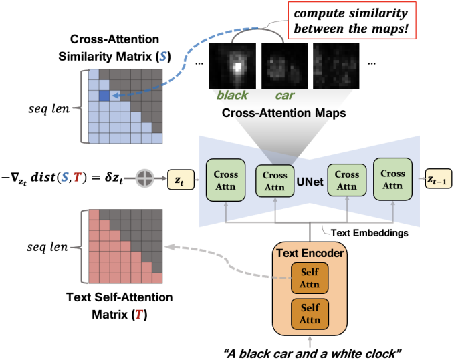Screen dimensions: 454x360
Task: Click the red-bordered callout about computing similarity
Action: click(352, 21)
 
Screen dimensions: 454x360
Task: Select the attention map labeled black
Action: click(233, 66)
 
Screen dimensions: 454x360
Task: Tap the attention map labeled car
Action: click(285, 66)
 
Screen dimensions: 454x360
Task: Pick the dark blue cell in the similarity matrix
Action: click(104, 96)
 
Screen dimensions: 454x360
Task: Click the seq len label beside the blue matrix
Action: click(49, 108)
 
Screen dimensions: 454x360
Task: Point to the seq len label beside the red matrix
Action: click(47, 247)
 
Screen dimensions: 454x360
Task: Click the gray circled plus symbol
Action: click(145, 178)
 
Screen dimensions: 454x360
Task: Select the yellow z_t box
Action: click(181, 180)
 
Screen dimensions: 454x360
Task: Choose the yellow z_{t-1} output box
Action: click(438, 179)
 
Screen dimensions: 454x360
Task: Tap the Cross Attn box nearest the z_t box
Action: click(225, 180)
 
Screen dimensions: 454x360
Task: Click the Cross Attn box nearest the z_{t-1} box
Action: click(392, 179)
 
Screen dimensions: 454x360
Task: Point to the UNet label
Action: click(310, 182)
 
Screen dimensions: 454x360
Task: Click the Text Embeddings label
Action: click(370, 233)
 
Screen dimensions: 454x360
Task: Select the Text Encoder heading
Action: click(310, 253)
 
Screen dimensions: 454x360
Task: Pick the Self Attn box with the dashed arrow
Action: click(310, 278)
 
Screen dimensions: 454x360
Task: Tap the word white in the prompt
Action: click(346, 353)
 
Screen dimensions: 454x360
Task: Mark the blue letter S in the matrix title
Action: click(162, 57)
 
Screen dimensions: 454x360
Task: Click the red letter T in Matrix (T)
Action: click(139, 315)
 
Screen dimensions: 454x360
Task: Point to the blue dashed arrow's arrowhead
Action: click(115, 95)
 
